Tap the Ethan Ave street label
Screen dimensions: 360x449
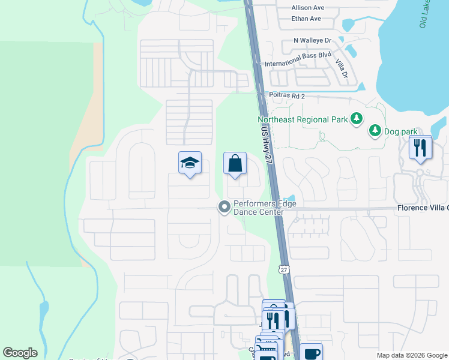pos(306,19)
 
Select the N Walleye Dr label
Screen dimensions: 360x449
pos(312,40)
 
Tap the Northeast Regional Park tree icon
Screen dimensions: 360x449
pos(357,119)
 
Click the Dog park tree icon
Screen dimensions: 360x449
pos(375,130)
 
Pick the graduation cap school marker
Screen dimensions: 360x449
pos(189,163)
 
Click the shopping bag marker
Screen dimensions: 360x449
pos(235,163)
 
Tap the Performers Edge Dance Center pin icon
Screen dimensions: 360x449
pos(224,208)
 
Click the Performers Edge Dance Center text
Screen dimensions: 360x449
pos(265,208)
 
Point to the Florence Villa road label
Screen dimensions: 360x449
pos(422,208)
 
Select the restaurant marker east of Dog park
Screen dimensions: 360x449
pos(420,147)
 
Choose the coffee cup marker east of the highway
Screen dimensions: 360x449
pos(311,353)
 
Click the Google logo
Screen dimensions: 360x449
pos(20,353)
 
